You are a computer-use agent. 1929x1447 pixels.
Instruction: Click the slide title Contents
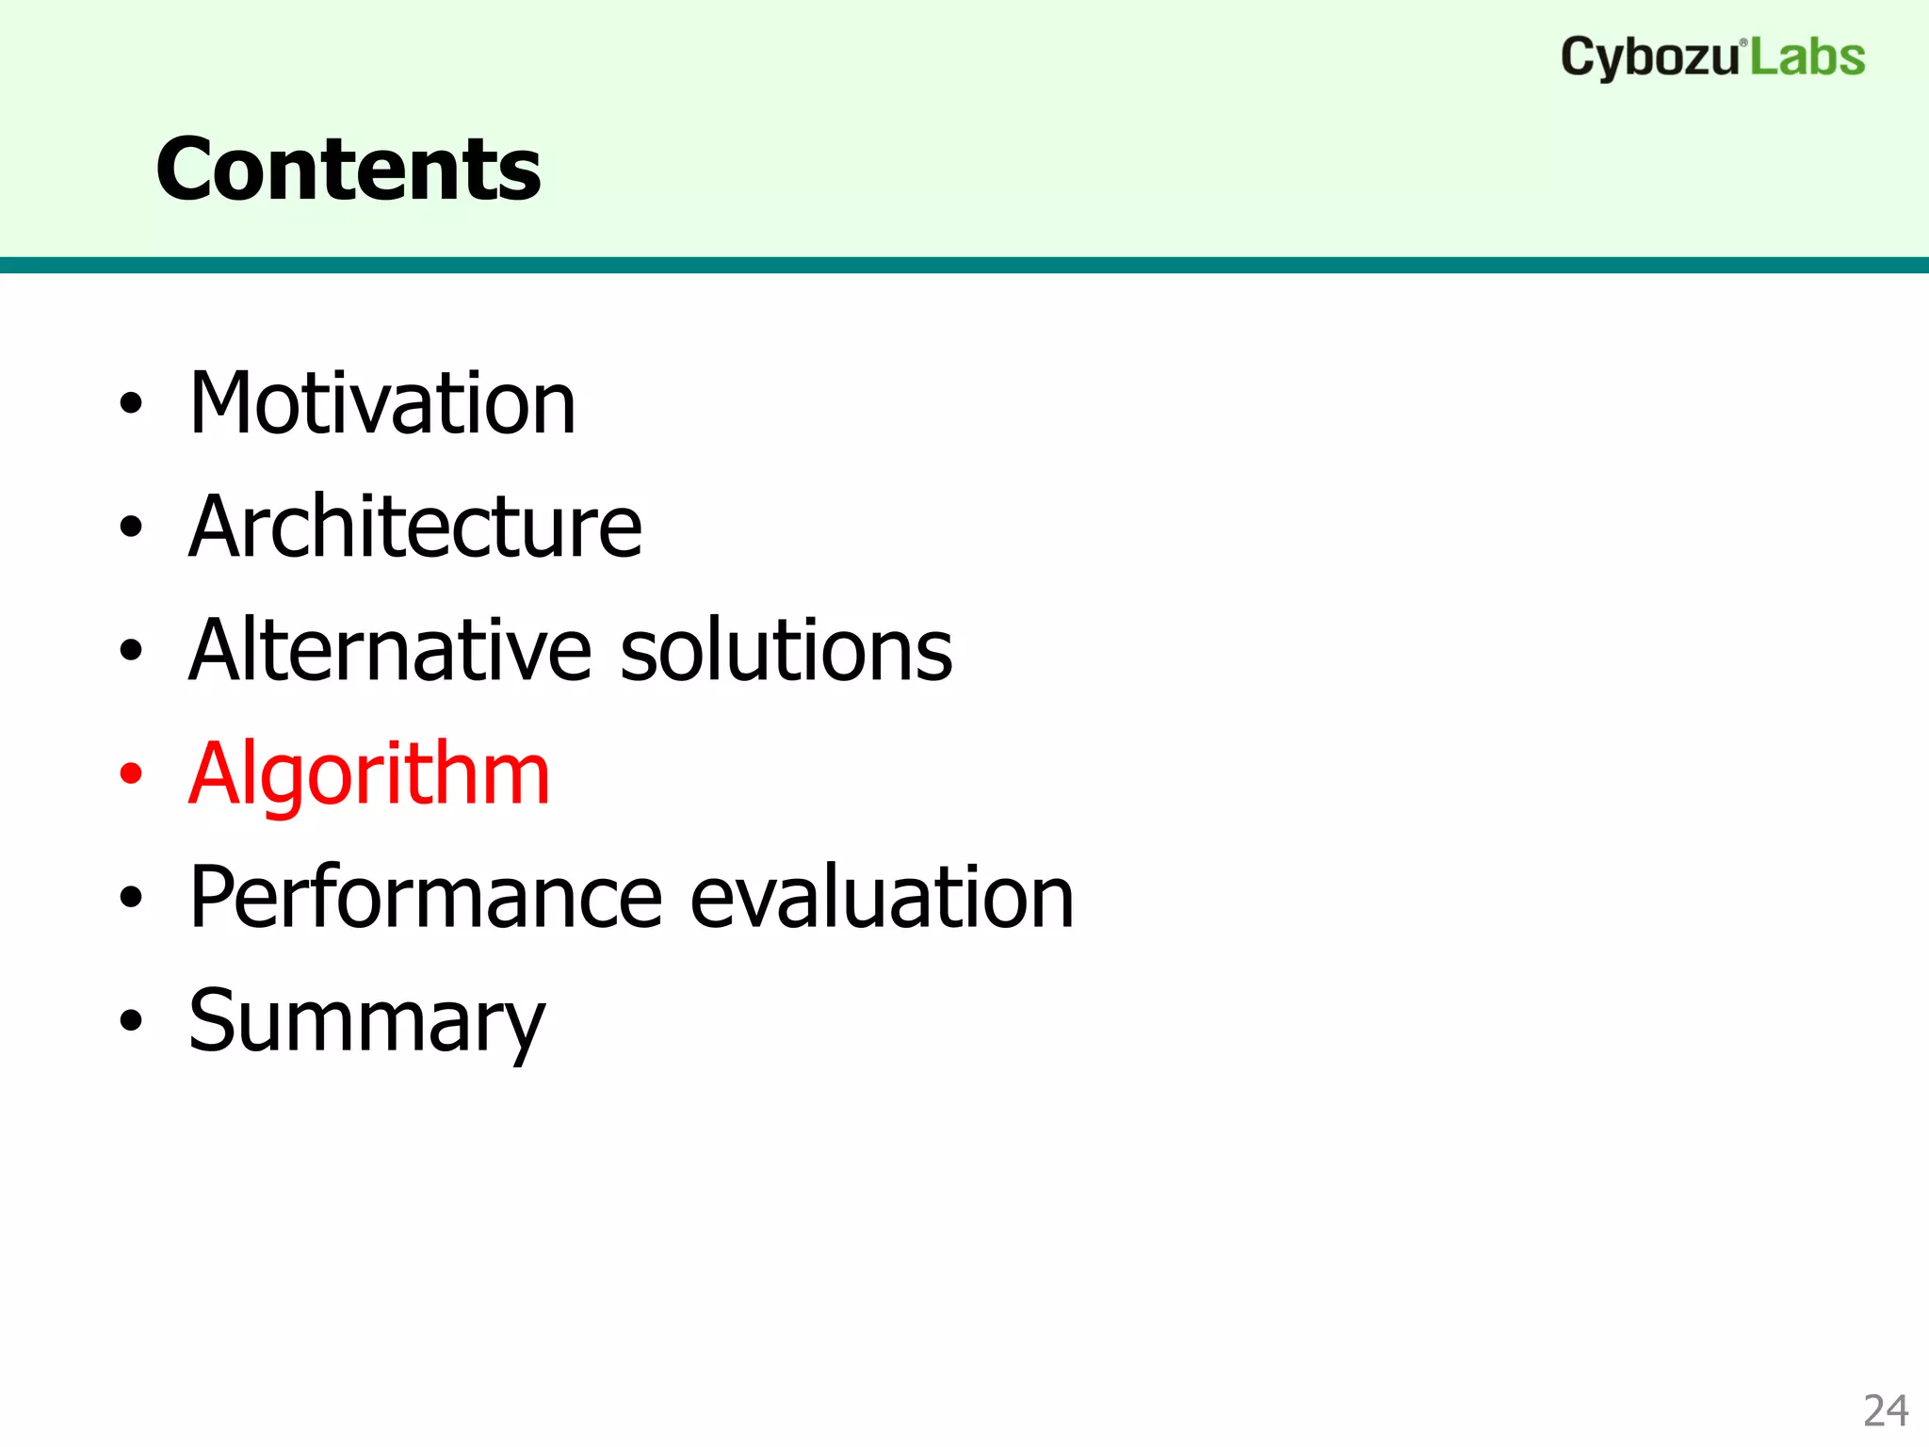click(349, 170)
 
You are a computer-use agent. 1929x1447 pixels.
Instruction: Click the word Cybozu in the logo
click(1648, 58)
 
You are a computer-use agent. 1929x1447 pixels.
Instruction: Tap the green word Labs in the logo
click(1807, 57)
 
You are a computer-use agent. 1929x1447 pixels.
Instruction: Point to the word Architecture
click(414, 527)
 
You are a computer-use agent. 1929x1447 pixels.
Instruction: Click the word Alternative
click(390, 650)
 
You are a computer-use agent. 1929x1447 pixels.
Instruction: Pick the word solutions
click(786, 650)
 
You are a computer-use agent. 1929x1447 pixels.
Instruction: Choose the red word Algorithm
click(368, 774)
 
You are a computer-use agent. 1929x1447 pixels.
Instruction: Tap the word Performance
click(426, 898)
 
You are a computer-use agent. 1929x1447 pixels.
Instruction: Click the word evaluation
click(882, 898)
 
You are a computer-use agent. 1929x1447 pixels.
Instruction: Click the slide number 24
click(1885, 1411)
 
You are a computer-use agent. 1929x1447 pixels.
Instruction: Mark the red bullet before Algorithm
click(131, 774)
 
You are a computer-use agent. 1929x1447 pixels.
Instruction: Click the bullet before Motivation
click(131, 404)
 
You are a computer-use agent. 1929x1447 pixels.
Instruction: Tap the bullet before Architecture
click(131, 528)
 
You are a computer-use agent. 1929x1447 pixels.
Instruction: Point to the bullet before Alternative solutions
click(131, 651)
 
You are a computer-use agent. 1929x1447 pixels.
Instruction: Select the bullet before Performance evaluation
click(131, 898)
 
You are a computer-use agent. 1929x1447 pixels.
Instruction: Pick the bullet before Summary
click(131, 1021)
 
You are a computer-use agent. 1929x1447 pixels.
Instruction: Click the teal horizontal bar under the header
click(964, 265)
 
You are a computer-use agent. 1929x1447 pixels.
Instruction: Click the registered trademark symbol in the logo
click(1743, 42)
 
